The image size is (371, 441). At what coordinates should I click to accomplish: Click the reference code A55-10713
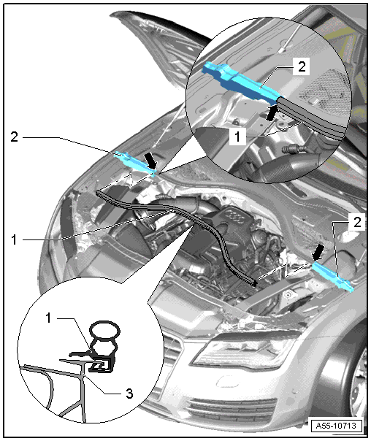point(335,426)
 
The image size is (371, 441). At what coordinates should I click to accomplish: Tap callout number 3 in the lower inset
point(129,394)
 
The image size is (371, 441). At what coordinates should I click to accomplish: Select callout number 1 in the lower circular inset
point(49,318)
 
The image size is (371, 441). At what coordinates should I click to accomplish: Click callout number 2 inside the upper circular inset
point(302,66)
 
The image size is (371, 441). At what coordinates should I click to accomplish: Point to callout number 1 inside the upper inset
point(237,137)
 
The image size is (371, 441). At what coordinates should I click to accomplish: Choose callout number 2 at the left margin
point(15,137)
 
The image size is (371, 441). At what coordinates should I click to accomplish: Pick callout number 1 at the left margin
point(14,240)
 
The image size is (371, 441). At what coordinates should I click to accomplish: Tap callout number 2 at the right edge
point(357,222)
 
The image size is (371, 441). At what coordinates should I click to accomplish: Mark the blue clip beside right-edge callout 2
point(332,277)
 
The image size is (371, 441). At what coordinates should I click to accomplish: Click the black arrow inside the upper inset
point(272,112)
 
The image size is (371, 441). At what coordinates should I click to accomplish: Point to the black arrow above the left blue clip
point(150,161)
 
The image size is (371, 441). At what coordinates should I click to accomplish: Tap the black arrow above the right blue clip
point(318,252)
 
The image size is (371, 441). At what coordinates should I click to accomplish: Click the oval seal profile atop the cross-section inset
point(104,329)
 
